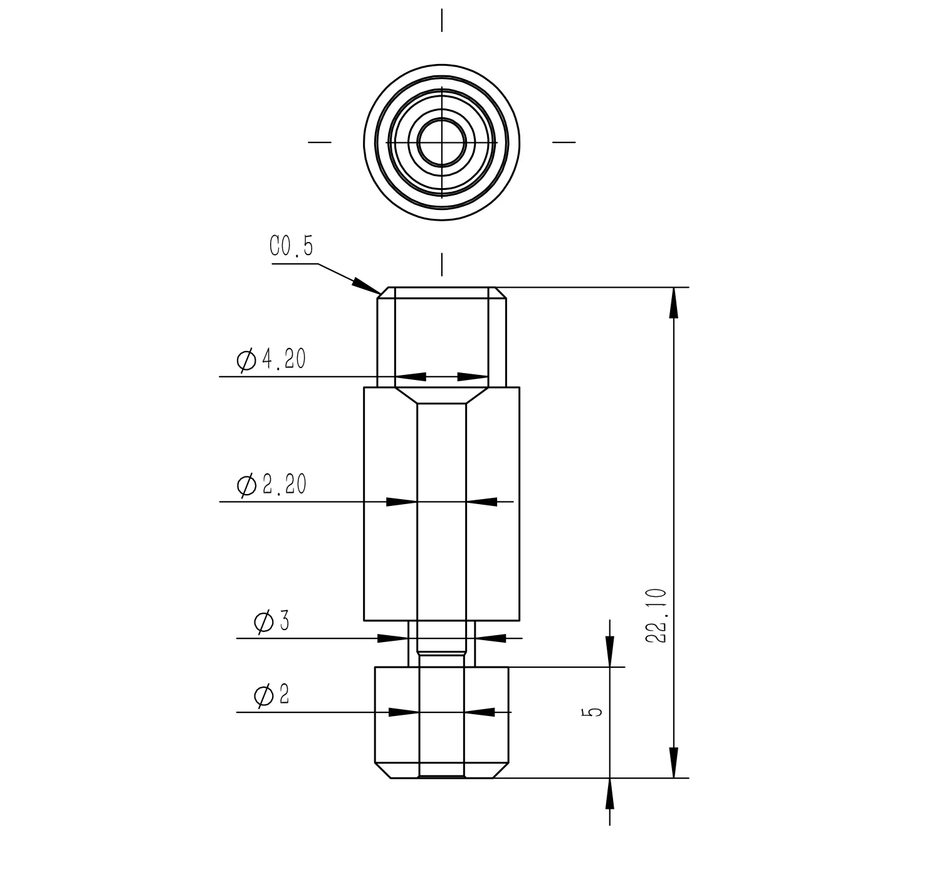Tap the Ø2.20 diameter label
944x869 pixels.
coord(271,485)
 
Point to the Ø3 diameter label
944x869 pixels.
coord(271,621)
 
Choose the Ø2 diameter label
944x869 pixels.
coord(271,695)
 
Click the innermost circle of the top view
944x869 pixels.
coord(442,142)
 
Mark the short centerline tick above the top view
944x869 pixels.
coord(442,20)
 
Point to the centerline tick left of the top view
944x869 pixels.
coord(320,142)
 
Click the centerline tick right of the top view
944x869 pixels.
coord(564,142)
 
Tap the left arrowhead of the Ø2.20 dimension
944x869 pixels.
coord(402,502)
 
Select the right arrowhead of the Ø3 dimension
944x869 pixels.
coord(490,638)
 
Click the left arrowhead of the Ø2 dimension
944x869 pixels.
coord(404,712)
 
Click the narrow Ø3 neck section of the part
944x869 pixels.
coord(442,643)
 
